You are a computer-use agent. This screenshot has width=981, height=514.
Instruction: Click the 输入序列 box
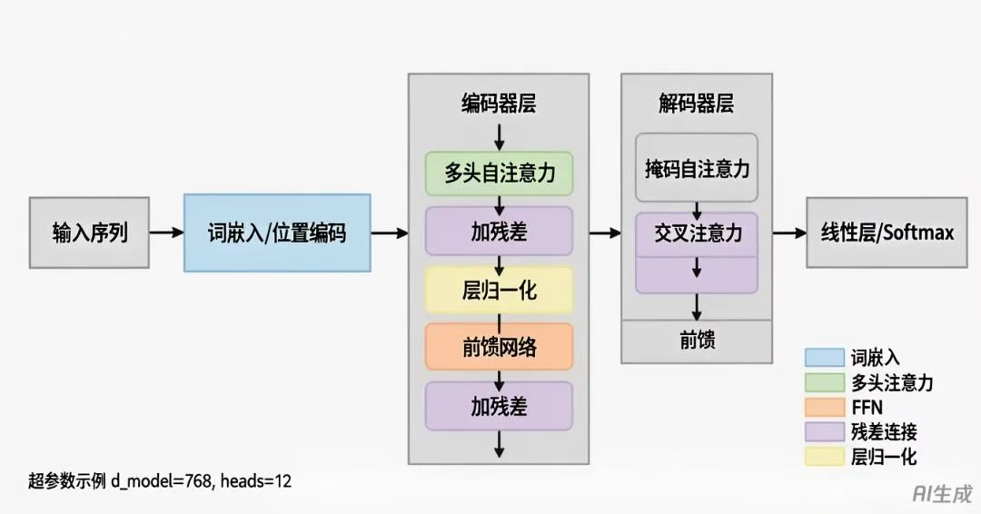89,232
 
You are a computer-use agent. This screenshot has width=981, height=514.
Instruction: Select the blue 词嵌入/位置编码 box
277,232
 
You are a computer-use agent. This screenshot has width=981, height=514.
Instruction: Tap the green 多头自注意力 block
499,173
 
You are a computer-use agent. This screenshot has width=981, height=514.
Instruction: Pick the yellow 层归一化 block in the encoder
499,290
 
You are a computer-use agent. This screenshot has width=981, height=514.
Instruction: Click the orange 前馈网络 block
499,347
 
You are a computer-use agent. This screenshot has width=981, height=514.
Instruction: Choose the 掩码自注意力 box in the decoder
697,168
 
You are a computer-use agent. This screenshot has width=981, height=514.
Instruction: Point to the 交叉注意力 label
697,233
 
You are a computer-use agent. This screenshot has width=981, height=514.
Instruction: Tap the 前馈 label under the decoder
697,341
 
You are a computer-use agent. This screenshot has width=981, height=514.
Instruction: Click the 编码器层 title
498,104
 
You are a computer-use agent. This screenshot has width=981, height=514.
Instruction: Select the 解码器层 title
697,104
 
